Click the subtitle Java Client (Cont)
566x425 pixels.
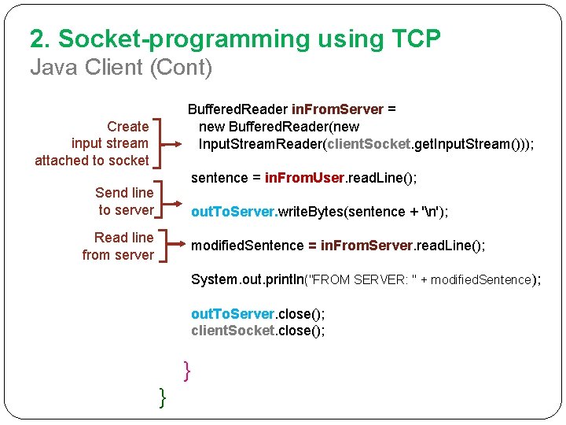click(x=121, y=68)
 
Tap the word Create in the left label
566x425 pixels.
click(x=127, y=126)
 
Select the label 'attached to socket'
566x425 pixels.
click(x=91, y=161)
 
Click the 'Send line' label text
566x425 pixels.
click(x=124, y=193)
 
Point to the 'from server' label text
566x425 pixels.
click(x=118, y=255)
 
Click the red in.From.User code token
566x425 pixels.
click(x=303, y=178)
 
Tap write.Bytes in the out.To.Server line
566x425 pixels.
click(x=302, y=212)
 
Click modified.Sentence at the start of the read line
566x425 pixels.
click(x=248, y=246)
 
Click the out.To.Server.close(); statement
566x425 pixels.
click(x=258, y=314)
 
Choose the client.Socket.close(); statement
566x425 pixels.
click(x=258, y=331)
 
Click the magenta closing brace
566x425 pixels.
click(x=187, y=370)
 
